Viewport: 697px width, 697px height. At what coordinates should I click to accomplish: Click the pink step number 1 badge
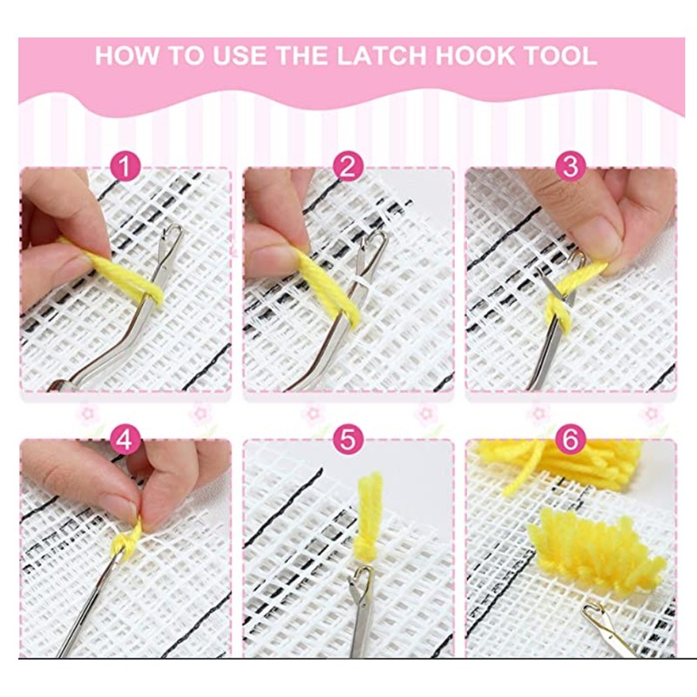pyautogui.click(x=125, y=166)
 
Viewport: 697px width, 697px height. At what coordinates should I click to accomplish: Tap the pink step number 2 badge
pyautogui.click(x=348, y=166)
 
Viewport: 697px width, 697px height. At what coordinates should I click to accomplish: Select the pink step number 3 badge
pyautogui.click(x=571, y=166)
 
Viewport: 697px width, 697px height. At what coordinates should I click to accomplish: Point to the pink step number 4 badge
pyautogui.click(x=125, y=440)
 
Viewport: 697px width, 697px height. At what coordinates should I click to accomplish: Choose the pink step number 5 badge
pyautogui.click(x=348, y=440)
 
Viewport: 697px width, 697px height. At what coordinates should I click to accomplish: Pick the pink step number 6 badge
pyautogui.click(x=571, y=440)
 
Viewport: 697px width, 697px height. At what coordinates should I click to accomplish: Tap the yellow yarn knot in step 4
pyautogui.click(x=128, y=540)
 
